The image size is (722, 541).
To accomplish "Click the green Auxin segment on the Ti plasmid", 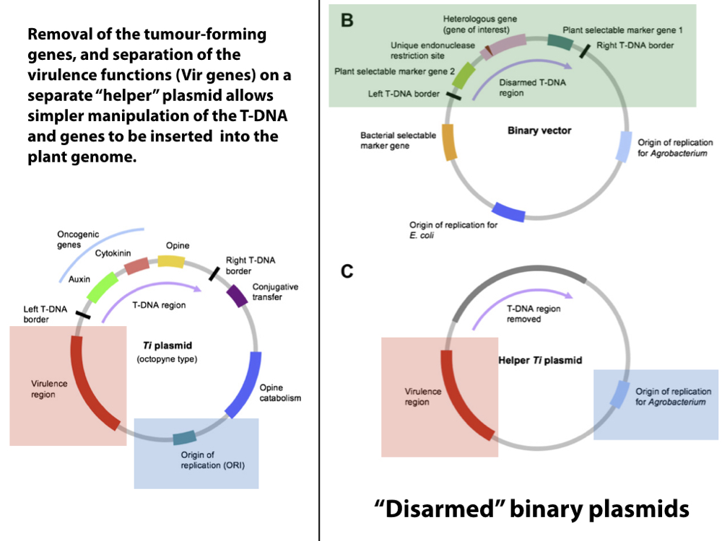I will coord(102,286).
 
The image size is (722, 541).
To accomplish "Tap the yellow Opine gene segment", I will coord(171,260).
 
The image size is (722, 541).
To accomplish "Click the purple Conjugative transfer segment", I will coord(236,296).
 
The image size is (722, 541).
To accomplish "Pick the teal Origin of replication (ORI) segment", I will coord(184,436).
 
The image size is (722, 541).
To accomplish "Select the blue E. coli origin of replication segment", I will coord(508,212).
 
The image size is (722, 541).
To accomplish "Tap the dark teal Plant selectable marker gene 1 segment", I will coord(560,41).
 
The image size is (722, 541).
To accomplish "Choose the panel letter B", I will coord(347,20).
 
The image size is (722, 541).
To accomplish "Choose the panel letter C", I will coord(347,272).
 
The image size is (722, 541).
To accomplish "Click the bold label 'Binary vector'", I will coord(539,131).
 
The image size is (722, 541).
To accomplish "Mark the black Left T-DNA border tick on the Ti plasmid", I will coord(82,314).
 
